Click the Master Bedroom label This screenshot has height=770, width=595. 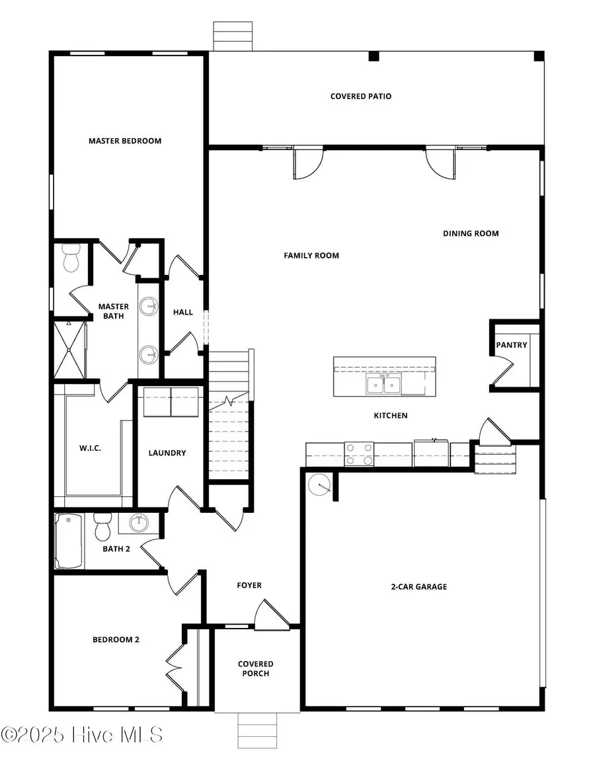coord(125,141)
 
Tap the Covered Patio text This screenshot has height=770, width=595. coord(361,96)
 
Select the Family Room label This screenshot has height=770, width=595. coord(311,255)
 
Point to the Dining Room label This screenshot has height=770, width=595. coord(471,233)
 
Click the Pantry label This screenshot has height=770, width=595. coord(512,345)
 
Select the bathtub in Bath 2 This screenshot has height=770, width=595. coord(69,541)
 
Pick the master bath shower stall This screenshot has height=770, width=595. coord(69,349)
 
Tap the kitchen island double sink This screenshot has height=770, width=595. coord(383,384)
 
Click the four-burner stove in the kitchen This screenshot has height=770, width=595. coord(359,454)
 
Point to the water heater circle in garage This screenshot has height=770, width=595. coord(320,486)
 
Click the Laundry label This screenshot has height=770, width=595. coord(167,453)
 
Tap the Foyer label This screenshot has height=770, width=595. coord(249,586)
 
